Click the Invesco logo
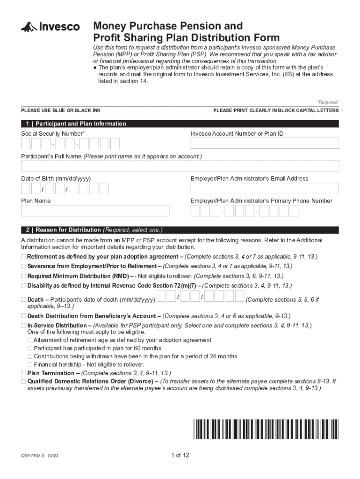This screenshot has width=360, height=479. click(x=50, y=27)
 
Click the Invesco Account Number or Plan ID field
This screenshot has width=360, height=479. click(x=264, y=143)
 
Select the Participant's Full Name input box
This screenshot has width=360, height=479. click(x=180, y=166)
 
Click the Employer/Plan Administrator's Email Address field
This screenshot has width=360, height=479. click(x=264, y=189)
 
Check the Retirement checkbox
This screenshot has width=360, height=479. click(x=24, y=257)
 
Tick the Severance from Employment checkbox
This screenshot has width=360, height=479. click(x=24, y=266)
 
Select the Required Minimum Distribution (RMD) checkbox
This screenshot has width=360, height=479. click(x=24, y=276)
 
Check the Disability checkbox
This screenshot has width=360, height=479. click(x=24, y=285)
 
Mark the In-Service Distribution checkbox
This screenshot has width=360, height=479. click(x=24, y=326)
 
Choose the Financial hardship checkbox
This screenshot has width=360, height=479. click(x=30, y=364)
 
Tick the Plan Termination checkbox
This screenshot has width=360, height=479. click(x=24, y=373)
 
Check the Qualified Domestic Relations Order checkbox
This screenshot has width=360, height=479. click(x=24, y=381)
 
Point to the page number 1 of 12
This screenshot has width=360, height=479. click(x=180, y=455)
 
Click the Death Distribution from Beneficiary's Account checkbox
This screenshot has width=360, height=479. click(x=24, y=316)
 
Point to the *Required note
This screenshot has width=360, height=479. click(x=327, y=102)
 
